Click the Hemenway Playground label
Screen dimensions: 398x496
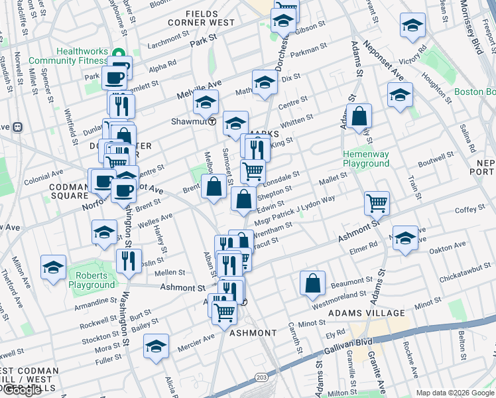coord(365,159)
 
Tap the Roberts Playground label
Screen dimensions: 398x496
coord(95,280)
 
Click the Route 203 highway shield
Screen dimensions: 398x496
coord(260,376)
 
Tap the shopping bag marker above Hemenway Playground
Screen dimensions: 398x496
coord(359,117)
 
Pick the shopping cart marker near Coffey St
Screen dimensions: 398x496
coord(377,202)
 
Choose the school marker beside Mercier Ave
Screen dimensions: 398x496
coord(156,346)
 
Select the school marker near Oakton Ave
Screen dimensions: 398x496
coord(405,237)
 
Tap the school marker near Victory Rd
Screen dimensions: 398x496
coord(412,27)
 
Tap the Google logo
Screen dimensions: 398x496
coord(21,390)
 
